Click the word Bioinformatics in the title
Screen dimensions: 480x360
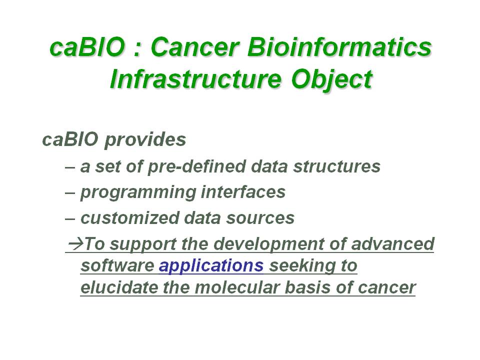(x=339, y=47)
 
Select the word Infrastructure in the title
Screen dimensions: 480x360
(x=195, y=79)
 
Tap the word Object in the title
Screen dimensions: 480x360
(x=332, y=80)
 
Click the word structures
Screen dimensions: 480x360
(x=336, y=167)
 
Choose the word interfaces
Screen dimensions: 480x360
(x=243, y=192)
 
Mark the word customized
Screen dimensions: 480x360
(x=130, y=218)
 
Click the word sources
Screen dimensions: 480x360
(x=260, y=218)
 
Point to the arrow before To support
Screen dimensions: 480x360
(x=76, y=243)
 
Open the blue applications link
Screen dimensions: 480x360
(x=211, y=266)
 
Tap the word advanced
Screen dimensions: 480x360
(x=393, y=244)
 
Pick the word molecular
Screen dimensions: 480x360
(x=237, y=288)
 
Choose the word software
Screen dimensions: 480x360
(x=117, y=265)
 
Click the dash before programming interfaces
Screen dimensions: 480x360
(x=70, y=193)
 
